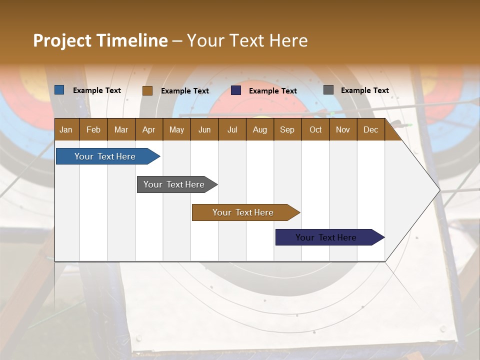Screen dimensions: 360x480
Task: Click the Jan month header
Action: click(66, 129)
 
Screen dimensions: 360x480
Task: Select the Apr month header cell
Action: click(149, 129)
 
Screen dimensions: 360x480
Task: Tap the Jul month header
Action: click(232, 129)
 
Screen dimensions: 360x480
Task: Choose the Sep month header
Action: click(287, 129)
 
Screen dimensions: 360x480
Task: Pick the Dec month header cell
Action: click(370, 129)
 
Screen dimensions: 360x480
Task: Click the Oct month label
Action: click(315, 129)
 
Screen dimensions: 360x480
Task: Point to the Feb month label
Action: click(93, 129)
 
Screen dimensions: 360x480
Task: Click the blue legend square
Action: click(59, 90)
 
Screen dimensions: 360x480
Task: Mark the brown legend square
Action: click(147, 90)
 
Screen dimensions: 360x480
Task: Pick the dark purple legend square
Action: click(236, 90)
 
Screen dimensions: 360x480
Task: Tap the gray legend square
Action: click(328, 90)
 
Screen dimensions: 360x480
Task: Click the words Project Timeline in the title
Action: click(100, 40)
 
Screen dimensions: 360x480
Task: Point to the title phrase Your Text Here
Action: click(247, 40)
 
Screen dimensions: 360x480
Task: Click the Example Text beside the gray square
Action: click(364, 90)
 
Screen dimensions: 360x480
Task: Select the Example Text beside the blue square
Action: click(96, 90)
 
